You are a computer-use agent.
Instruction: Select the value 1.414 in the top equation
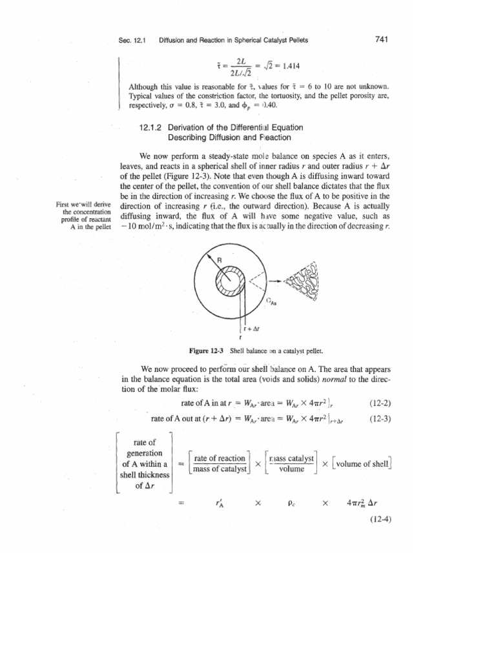[289, 66]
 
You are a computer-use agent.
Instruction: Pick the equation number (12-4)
[378, 518]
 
